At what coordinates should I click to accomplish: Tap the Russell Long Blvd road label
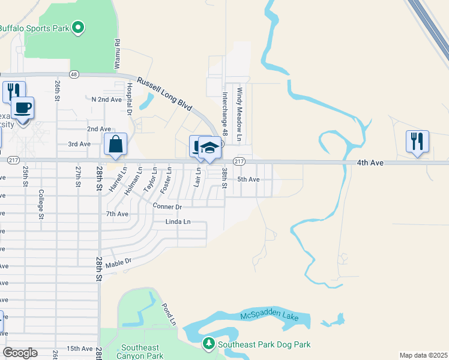click(164, 94)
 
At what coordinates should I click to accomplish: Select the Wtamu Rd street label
click(118, 53)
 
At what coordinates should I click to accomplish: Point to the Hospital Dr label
click(129, 98)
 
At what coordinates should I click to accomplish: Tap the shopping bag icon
click(115, 145)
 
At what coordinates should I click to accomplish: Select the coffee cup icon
click(23, 109)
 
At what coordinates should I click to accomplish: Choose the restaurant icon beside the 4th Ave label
click(417, 142)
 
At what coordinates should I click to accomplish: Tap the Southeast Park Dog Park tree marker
click(208, 344)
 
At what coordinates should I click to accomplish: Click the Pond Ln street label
click(168, 314)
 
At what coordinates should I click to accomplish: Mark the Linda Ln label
click(178, 222)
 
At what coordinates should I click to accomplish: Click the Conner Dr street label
click(167, 206)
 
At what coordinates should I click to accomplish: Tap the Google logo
click(20, 353)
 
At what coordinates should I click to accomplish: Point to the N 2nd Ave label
click(106, 99)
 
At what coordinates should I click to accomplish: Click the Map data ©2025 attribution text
click(423, 355)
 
